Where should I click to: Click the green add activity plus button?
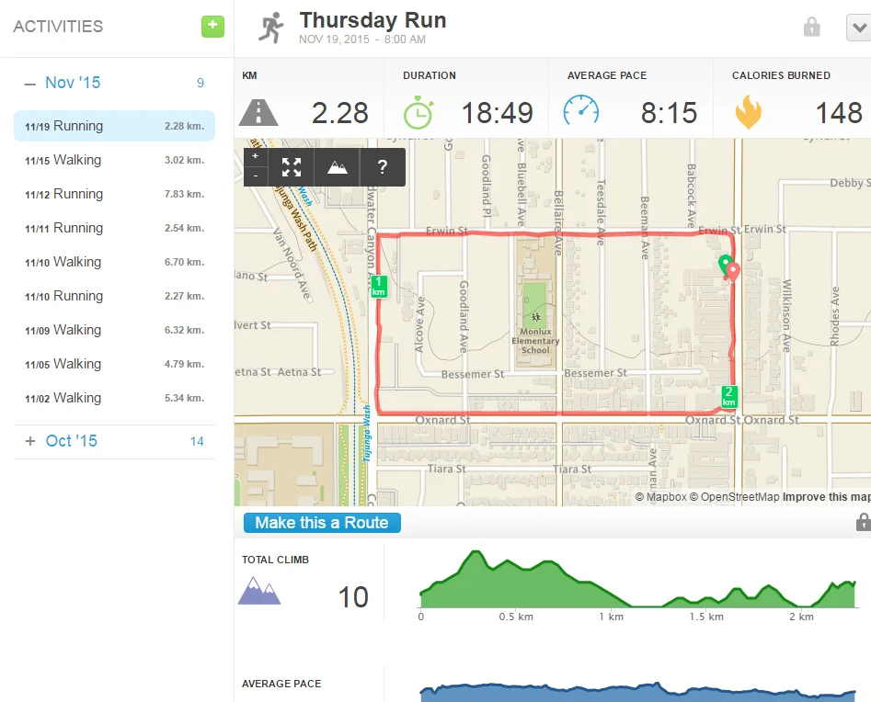(212, 27)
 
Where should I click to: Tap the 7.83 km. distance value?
(184, 195)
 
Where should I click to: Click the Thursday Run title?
(372, 20)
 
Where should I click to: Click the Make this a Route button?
(322, 523)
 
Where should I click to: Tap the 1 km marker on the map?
(379, 286)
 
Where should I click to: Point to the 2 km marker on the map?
(729, 396)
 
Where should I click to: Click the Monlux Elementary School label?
(534, 340)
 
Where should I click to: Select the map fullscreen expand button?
(292, 167)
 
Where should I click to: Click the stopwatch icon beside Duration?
(418, 112)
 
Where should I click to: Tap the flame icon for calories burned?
(748, 112)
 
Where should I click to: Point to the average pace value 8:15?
(669, 113)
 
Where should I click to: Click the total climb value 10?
(353, 597)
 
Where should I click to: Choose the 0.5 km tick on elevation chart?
(516, 617)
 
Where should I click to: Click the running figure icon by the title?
(270, 28)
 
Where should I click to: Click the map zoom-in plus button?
(256, 156)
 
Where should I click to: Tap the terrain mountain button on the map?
(338, 167)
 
